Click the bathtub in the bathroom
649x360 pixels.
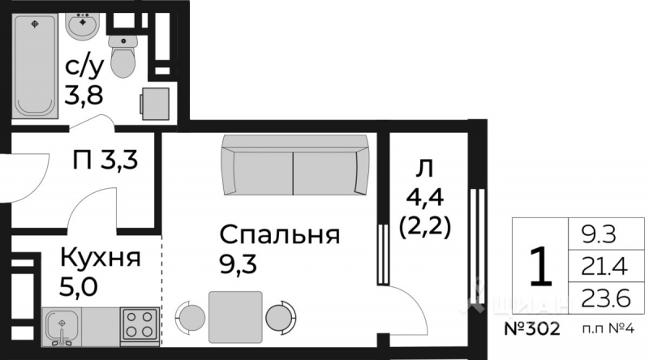(37, 65)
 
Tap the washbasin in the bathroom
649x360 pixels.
(81, 28)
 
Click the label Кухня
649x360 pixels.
(100, 259)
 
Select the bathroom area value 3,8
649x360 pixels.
(84, 96)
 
